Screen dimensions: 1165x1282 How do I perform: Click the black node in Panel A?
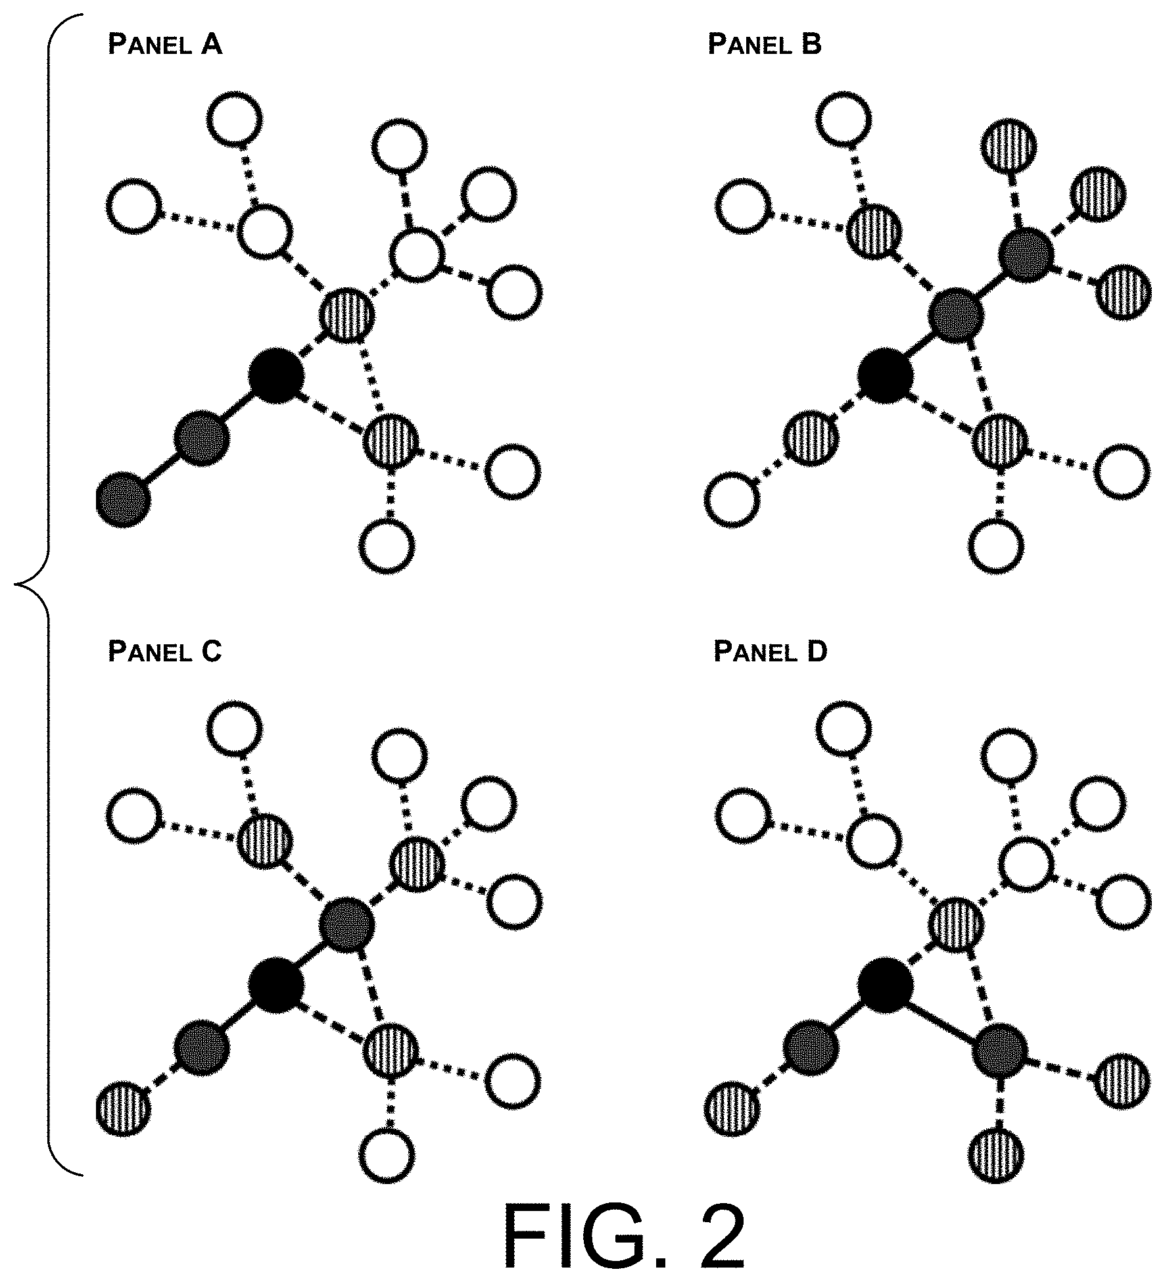click(276, 376)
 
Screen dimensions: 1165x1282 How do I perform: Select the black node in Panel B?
click(886, 376)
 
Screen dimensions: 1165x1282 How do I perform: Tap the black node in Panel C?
click(276, 984)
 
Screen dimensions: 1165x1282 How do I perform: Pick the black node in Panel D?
click(886, 984)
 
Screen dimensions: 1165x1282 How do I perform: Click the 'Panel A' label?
click(165, 44)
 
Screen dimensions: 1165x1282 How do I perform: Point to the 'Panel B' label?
click(765, 44)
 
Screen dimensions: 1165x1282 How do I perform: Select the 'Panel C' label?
click(165, 651)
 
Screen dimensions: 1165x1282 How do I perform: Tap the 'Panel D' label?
click(771, 651)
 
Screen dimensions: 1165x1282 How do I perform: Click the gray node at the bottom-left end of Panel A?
click(124, 499)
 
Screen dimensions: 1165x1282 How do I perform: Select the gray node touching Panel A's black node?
click(202, 438)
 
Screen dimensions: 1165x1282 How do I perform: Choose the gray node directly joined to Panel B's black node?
click(956, 316)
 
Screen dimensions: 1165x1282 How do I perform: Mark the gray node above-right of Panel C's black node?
click(346, 924)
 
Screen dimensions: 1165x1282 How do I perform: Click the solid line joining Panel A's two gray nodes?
click(163, 469)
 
